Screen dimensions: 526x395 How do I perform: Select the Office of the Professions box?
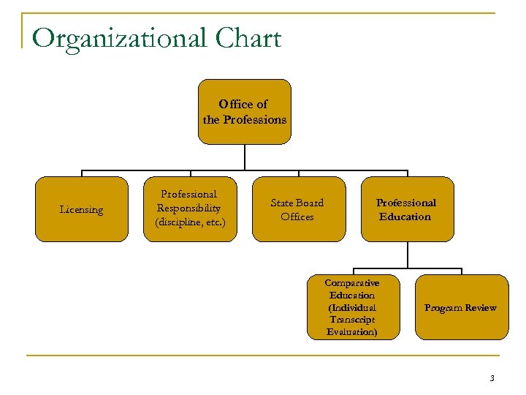(x=245, y=111)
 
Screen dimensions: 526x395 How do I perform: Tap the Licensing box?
(x=80, y=209)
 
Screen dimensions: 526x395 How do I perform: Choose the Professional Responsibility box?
(x=190, y=209)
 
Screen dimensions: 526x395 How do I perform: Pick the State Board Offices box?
(x=299, y=209)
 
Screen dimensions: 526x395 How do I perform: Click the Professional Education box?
(x=407, y=209)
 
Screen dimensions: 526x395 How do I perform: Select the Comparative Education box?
(x=352, y=307)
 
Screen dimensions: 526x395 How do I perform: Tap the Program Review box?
(x=461, y=307)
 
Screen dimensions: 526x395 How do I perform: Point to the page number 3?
(x=492, y=378)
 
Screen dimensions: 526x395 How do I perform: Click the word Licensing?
(x=81, y=210)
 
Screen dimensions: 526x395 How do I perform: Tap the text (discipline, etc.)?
(x=190, y=222)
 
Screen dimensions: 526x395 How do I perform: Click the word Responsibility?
(x=190, y=208)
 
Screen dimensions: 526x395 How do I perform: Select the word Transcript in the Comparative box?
(x=352, y=320)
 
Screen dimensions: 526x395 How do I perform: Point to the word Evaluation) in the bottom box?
(x=352, y=331)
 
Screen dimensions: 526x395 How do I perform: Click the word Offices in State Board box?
(x=297, y=217)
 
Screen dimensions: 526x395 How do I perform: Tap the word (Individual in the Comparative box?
(x=352, y=308)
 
